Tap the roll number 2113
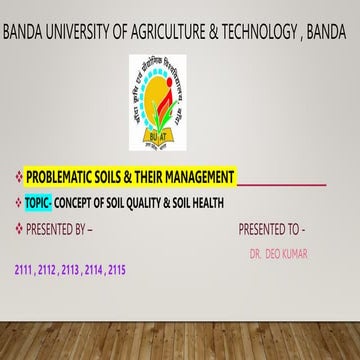click(x=71, y=270)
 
